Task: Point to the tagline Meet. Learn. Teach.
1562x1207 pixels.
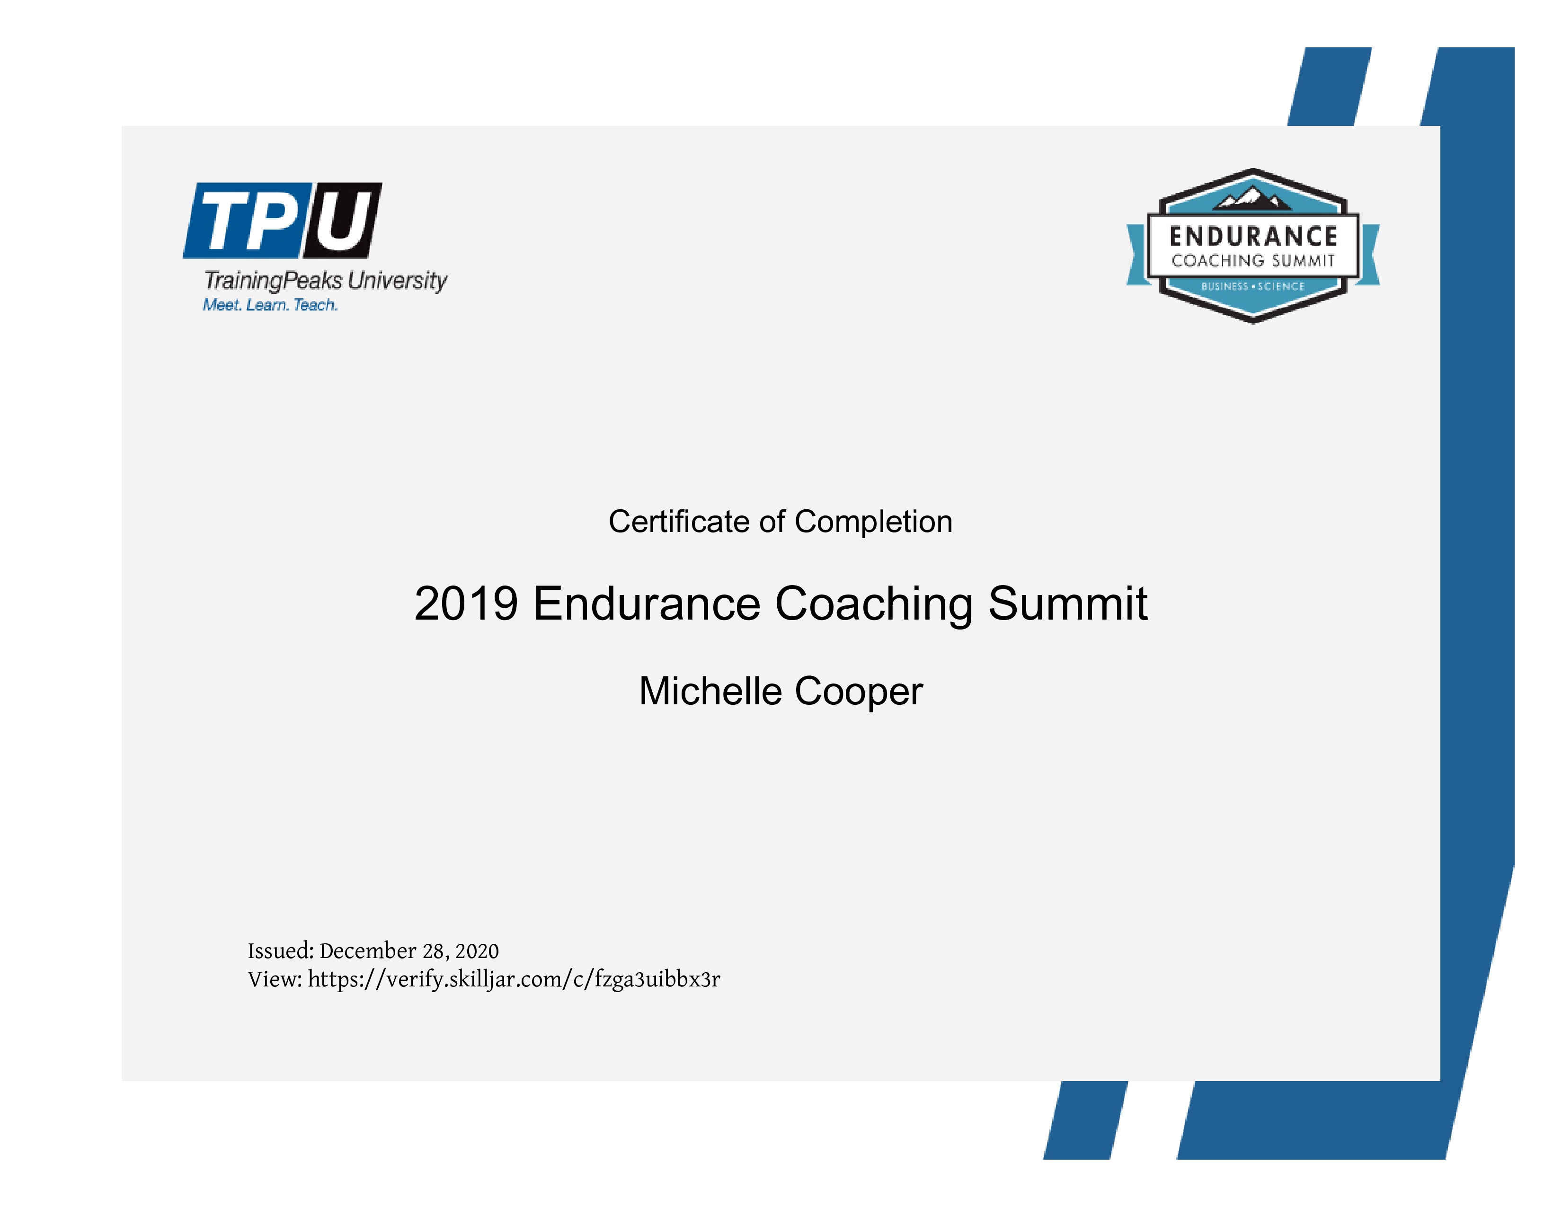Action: (270, 305)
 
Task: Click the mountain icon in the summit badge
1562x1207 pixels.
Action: (1253, 198)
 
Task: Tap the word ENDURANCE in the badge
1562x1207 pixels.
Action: (1253, 237)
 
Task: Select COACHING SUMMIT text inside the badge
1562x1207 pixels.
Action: (1253, 261)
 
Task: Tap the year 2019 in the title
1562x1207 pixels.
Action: (466, 603)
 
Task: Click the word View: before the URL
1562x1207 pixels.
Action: (275, 979)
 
